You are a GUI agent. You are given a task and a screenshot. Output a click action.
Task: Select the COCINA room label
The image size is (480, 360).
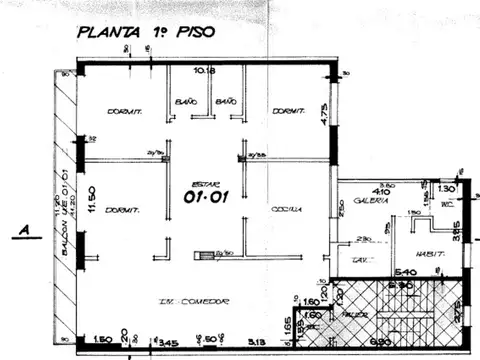pyautogui.click(x=285, y=209)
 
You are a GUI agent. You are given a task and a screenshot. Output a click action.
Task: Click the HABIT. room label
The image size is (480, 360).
pyautogui.click(x=432, y=253)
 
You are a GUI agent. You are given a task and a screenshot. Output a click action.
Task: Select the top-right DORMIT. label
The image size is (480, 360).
pyautogui.click(x=288, y=112)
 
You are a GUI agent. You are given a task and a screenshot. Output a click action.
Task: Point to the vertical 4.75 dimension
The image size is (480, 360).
pyautogui.click(x=324, y=112)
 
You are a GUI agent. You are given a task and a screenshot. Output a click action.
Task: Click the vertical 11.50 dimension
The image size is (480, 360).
pyautogui.click(x=90, y=199)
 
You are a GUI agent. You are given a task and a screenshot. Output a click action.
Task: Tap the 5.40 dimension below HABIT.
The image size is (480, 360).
pyautogui.click(x=406, y=271)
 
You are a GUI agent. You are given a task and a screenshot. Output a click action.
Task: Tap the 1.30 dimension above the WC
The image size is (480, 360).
pyautogui.click(x=446, y=188)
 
